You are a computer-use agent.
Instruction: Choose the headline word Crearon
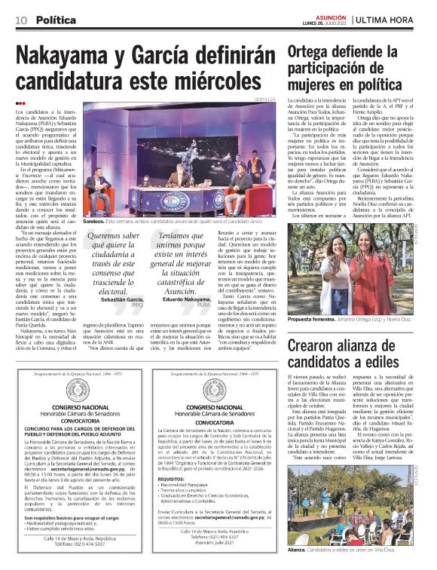pyautogui.click(x=319, y=345)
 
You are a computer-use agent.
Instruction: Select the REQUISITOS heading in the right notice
pyautogui.click(x=176, y=479)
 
